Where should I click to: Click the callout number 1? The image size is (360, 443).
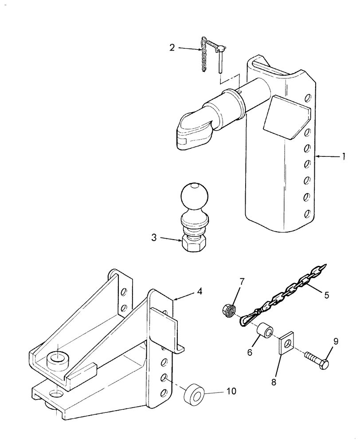pos(343,156)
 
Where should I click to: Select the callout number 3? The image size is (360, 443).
pos(154,238)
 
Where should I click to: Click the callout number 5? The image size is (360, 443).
pos(326,295)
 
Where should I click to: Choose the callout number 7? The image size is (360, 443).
pos(242,282)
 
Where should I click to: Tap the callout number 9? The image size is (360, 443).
pos(336,342)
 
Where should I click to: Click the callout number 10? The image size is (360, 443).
pos(231,391)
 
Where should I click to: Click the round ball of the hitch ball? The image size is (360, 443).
pos(194,195)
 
